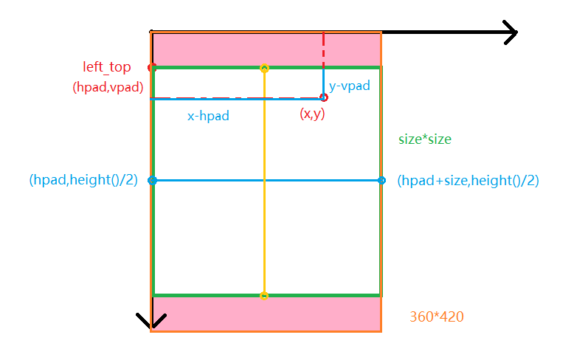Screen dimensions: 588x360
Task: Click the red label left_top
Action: pos(107,68)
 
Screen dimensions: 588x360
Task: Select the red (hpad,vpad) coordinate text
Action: pos(108,87)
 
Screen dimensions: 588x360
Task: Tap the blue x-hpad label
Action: pos(207,116)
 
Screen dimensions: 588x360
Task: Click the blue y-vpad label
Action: pos(349,86)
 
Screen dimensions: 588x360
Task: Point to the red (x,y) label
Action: pos(312,114)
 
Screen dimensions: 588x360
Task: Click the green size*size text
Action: pos(424,139)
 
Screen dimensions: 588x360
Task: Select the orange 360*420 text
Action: pos(437,316)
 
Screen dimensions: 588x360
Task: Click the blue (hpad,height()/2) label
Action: pos(83,180)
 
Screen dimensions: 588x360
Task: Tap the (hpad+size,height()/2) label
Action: pos(468,180)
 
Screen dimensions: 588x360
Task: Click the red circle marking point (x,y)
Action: pos(323,97)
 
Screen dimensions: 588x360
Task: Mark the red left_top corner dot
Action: pos(152,68)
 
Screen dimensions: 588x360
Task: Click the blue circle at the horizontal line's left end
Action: pos(152,180)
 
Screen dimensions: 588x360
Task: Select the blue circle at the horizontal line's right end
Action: pos(381,180)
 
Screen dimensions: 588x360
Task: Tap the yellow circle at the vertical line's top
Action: pos(264,69)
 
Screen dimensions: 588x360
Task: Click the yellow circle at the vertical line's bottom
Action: pos(264,296)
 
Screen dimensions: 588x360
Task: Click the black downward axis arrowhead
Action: pos(151,322)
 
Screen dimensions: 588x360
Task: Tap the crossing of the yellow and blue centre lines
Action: pos(264,180)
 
